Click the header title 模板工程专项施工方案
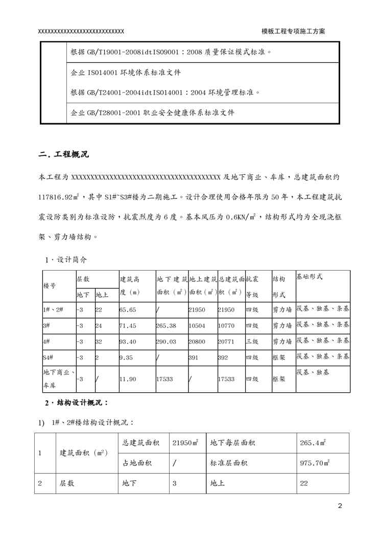(293, 31)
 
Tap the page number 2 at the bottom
(340, 506)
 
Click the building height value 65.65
(128, 309)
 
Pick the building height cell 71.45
(128, 325)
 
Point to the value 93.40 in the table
(128, 341)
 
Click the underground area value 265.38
(167, 325)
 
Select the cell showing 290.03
(167, 341)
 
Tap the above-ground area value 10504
(197, 325)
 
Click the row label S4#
(50, 357)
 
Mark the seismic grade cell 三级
(252, 341)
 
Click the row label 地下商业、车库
(58, 379)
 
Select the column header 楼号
(50, 286)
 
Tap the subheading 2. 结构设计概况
(77, 403)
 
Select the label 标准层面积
(229, 463)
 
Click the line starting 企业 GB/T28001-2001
(153, 113)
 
